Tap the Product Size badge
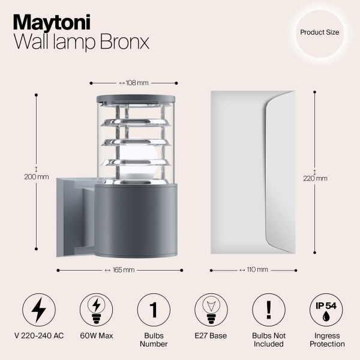click(x=320, y=31)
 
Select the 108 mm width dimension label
click(x=134, y=83)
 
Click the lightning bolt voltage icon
click(x=38, y=310)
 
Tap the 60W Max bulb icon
click(x=96, y=310)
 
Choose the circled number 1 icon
click(x=154, y=310)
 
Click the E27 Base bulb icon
click(x=211, y=310)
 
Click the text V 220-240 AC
click(x=38, y=336)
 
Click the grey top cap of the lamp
click(x=134, y=97)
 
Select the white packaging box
click(x=253, y=173)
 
